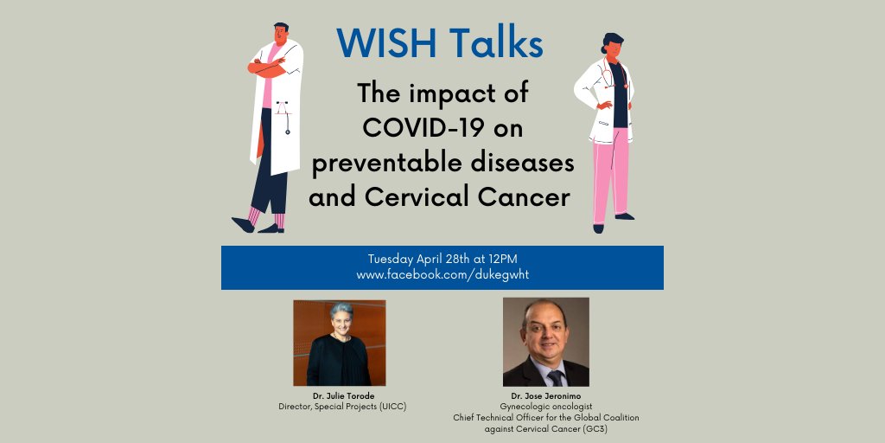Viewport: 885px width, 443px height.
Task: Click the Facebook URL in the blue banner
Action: [x=442, y=274]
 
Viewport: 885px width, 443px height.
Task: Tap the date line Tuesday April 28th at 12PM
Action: [x=442, y=259]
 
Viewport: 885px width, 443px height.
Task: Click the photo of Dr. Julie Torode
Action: [x=339, y=342]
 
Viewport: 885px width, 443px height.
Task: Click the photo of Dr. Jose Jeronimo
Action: [x=545, y=342]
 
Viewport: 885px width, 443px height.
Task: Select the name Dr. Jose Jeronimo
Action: [x=545, y=395]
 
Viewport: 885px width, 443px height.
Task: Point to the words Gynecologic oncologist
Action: [x=545, y=406]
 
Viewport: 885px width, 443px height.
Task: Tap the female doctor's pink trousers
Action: [x=609, y=173]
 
